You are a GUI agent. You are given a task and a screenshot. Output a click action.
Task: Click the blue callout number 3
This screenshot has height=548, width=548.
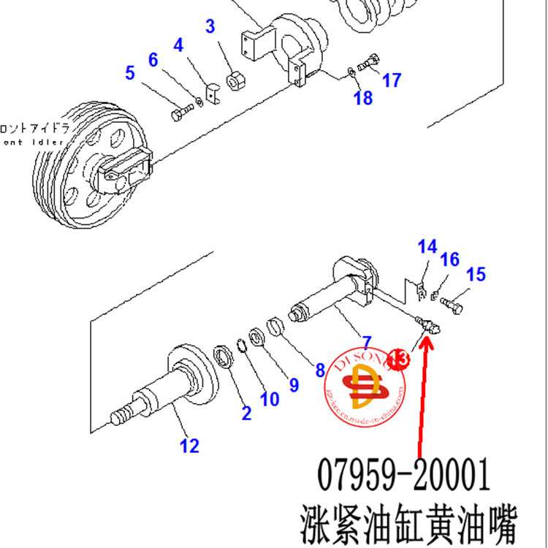point(210,27)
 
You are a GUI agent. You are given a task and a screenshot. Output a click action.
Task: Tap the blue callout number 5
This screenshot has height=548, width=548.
point(130,73)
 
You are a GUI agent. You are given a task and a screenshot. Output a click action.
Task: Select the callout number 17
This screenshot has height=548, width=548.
point(392,80)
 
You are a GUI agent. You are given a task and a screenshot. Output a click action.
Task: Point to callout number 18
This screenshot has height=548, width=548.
point(363,97)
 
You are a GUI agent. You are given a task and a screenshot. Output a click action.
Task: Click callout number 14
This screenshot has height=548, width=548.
point(427,247)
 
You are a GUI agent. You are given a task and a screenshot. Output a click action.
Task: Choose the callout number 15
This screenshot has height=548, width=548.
point(476,275)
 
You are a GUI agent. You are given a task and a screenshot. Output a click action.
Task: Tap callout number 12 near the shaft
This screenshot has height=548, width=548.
point(189,445)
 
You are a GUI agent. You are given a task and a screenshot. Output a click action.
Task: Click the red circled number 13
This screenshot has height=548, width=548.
point(398,358)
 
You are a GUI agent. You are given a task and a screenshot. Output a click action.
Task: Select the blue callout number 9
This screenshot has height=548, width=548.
point(293,384)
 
